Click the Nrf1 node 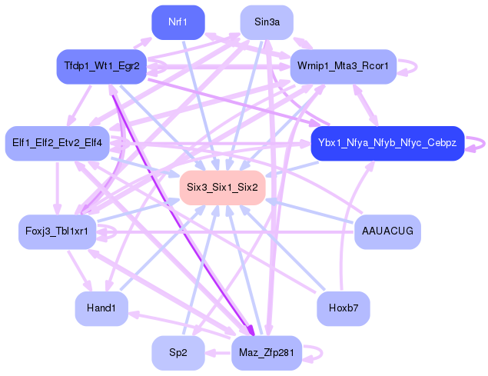coord(178,22)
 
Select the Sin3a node coord(267,22)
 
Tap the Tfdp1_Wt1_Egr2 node coord(101,66)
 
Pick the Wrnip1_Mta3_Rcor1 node coord(344,66)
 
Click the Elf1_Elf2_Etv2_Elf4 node coord(58,143)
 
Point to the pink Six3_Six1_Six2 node coord(222,188)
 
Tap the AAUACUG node coord(387,231)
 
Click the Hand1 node coord(101,308)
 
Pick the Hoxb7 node coord(344,308)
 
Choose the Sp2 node coord(178,353)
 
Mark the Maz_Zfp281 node coord(267,353)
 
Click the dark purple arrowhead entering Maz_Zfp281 coord(250,332)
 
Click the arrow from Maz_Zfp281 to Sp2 coord(217,353)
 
